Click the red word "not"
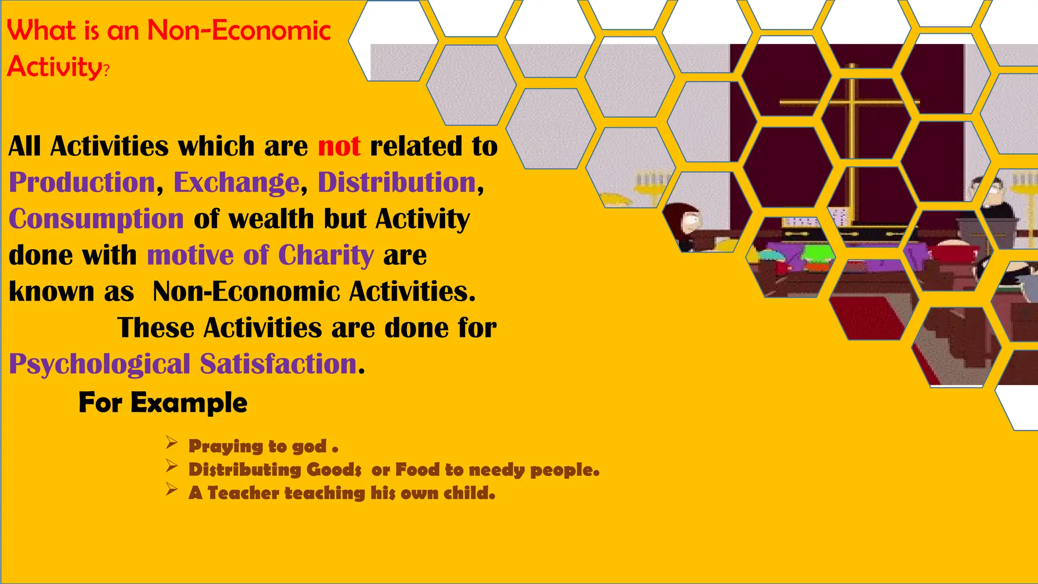click(339, 147)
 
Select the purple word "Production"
click(82, 182)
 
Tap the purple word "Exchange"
click(237, 182)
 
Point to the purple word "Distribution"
click(397, 182)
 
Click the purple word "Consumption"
click(96, 219)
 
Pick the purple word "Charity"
click(326, 255)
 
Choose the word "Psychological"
click(99, 364)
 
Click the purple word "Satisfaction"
click(279, 364)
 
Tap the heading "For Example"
click(163, 403)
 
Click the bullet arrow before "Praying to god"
click(171, 444)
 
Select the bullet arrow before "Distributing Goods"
click(171, 466)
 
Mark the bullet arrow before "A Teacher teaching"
click(171, 490)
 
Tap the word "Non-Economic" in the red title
click(239, 30)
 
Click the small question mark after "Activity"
click(106, 71)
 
